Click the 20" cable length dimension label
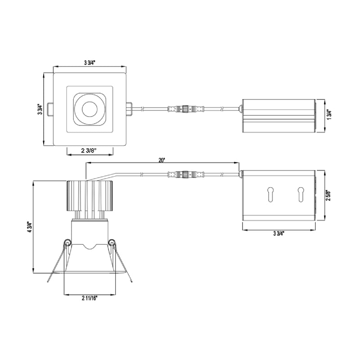click(x=162, y=160)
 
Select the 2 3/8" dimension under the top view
click(x=90, y=150)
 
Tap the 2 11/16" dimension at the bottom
click(x=90, y=298)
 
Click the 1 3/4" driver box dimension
click(x=328, y=116)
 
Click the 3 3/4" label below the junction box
click(x=279, y=234)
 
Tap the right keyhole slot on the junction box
click(x=300, y=194)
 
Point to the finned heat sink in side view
click(x=89, y=195)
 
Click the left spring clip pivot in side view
click(x=67, y=243)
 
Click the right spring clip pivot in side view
click(x=111, y=243)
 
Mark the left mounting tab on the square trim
click(x=51, y=109)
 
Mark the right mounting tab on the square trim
click(x=129, y=109)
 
